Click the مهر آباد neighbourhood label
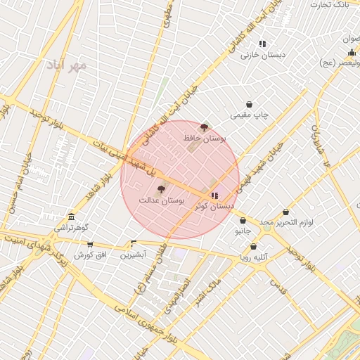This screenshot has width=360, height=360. [x=68, y=65]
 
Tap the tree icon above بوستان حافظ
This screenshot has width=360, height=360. [x=205, y=127]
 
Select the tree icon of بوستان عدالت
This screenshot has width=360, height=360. [x=160, y=189]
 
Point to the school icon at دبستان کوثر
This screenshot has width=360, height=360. [x=214, y=195]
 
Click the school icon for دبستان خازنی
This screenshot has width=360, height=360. [x=262, y=44]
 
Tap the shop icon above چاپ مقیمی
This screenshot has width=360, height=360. [x=249, y=103]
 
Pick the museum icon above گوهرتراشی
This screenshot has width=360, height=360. [x=71, y=217]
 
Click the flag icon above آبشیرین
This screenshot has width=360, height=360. [x=134, y=243]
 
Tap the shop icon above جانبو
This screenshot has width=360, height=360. [x=243, y=220]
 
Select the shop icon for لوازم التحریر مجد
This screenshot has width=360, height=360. [x=286, y=212]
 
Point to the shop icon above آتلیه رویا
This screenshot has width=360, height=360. [x=252, y=246]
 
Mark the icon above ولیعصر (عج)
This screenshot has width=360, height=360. [x=351, y=52]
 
